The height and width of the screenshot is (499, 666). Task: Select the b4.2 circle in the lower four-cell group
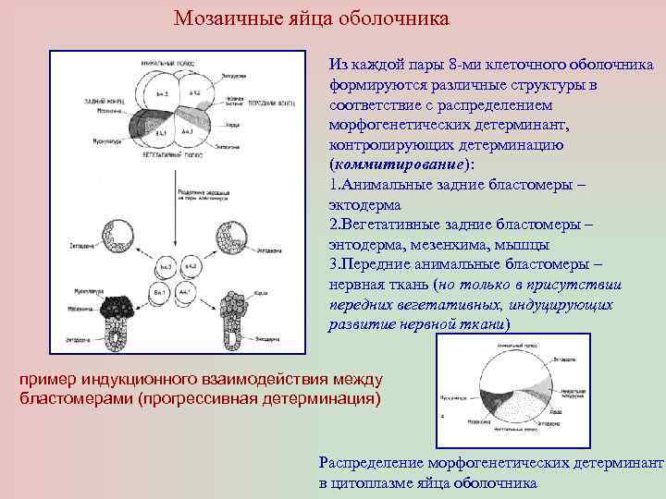click(167, 266)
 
